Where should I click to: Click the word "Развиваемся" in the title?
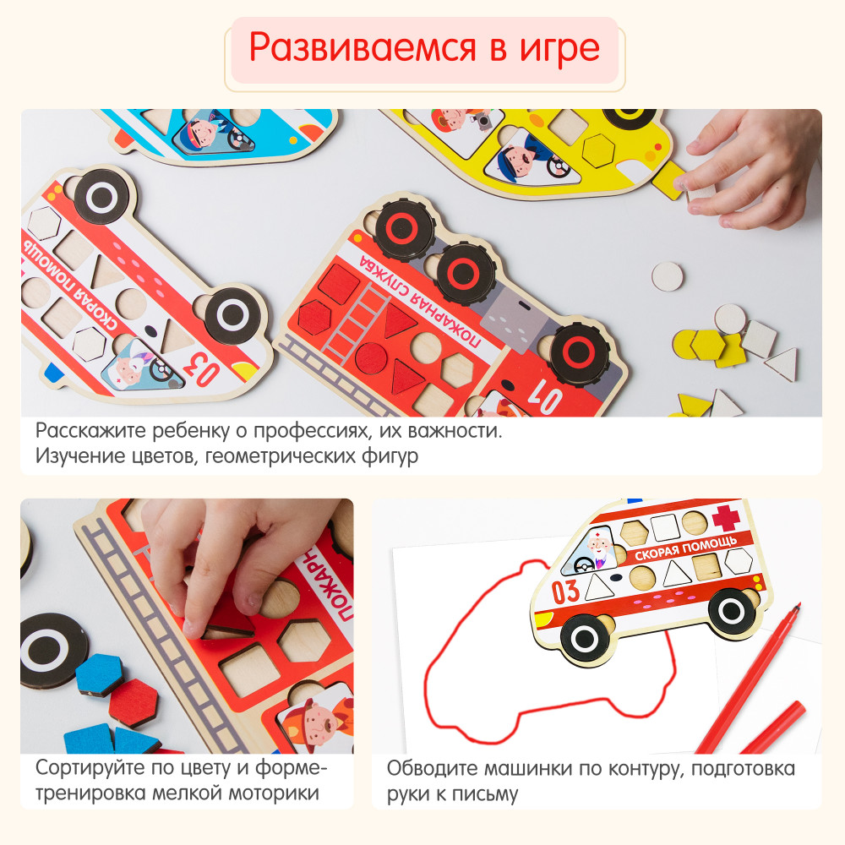pos(363,48)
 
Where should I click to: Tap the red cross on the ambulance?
pos(727,517)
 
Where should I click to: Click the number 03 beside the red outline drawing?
pos(565,591)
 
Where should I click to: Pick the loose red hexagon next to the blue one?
pos(134,703)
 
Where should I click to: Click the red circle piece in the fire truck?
pos(371,358)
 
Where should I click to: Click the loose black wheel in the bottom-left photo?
pos(52,651)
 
